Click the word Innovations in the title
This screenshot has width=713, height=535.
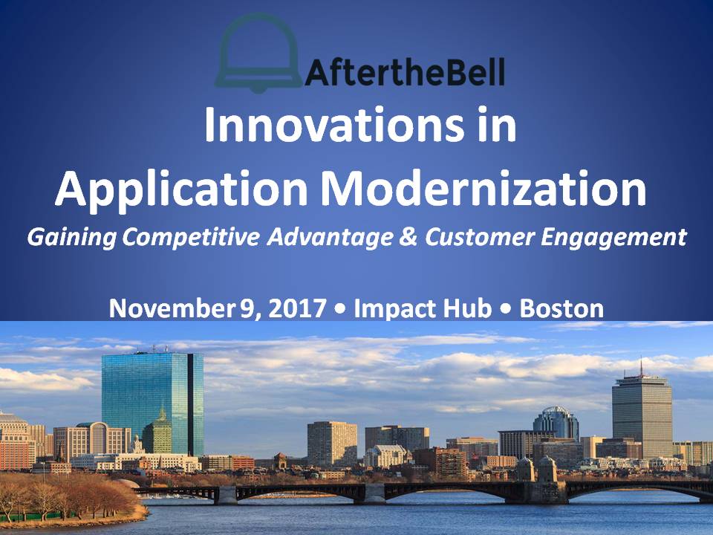[334, 124]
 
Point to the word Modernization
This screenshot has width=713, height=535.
[484, 187]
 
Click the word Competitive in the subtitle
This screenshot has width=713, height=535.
[191, 237]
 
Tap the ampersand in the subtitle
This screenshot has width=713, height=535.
[408, 236]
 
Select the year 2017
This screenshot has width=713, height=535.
[297, 308]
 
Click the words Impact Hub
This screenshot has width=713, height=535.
[423, 309]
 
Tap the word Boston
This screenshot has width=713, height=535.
[561, 308]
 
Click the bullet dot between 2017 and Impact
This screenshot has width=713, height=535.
[339, 309]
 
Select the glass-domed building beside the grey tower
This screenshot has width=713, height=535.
[556, 422]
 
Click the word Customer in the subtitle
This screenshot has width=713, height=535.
[479, 237]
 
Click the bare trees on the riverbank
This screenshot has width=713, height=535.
[68, 496]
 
